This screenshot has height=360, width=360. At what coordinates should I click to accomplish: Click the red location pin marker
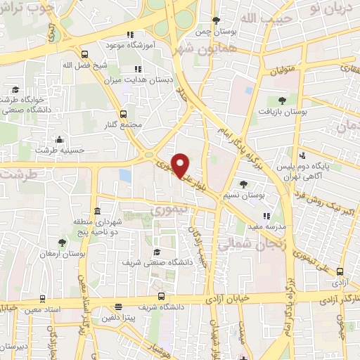pos(181,165)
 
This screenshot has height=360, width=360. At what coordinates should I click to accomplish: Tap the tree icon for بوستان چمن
pos(217,20)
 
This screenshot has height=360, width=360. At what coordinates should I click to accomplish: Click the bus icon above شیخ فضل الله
pos(85,54)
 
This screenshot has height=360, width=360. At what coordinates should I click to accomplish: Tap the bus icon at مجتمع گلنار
pos(124,113)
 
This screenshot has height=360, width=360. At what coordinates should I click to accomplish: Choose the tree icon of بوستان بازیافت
pos(281,101)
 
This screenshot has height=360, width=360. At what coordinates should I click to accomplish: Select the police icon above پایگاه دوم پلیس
pos(302,155)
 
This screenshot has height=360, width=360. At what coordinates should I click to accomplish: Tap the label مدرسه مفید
pos(266,227)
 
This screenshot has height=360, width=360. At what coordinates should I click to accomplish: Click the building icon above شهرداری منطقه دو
pos(96,212)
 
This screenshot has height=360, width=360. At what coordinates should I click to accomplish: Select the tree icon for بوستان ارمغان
pos(63,243)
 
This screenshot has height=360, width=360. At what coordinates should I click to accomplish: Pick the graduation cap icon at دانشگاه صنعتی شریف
pos(157,252)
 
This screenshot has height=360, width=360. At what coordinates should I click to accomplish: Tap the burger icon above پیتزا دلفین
pos(117,307)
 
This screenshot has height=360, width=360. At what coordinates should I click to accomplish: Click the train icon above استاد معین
pos(44,298)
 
